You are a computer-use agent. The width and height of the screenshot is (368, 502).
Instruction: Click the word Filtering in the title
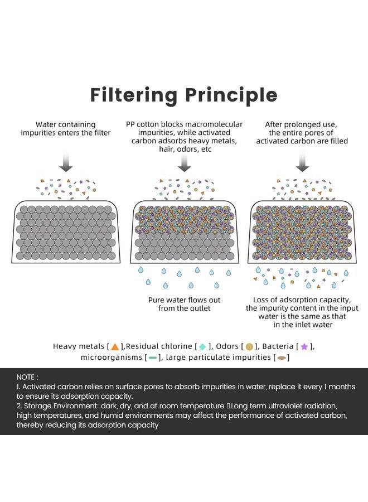point(134,95)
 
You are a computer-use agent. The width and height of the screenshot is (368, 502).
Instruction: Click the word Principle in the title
point(231,95)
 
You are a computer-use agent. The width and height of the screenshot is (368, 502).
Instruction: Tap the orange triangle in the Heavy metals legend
point(115,346)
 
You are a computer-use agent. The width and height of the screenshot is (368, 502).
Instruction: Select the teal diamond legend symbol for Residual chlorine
point(202,346)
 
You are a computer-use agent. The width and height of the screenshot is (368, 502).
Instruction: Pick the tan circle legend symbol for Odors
point(250,346)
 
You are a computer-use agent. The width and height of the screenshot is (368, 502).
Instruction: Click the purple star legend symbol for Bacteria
point(304,346)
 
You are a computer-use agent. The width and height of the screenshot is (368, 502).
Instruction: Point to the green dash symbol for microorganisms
point(153,358)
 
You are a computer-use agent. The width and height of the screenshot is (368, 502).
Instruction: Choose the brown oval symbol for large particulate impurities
point(282,358)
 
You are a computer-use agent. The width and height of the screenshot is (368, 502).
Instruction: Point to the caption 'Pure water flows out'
point(185,300)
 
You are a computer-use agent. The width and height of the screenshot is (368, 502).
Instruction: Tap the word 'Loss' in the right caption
point(260,300)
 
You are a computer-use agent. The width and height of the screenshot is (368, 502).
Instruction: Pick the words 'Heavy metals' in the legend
point(79,346)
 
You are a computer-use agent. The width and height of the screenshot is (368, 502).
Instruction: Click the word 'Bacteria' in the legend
point(278,346)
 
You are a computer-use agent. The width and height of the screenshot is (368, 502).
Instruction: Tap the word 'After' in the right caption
point(274,124)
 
